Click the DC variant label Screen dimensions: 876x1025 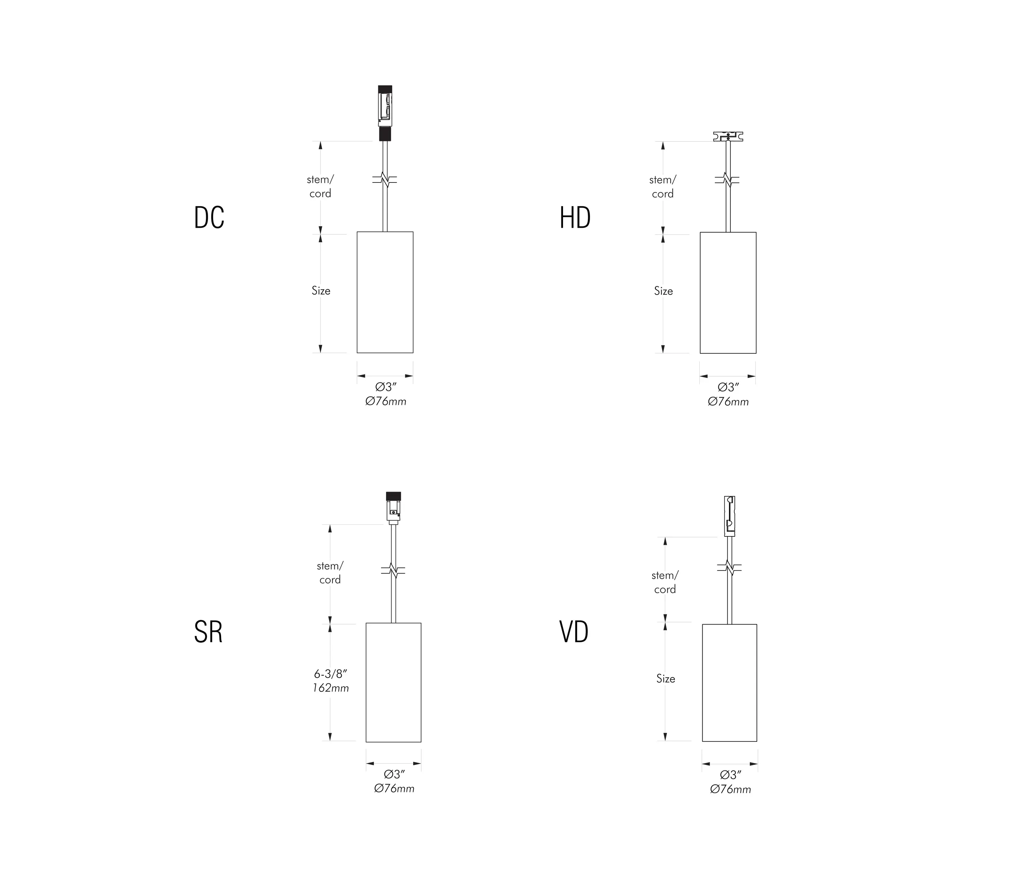tap(209, 218)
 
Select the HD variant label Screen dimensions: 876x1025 tap(575, 218)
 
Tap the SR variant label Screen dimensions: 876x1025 tap(208, 632)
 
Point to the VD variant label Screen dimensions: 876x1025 tap(574, 632)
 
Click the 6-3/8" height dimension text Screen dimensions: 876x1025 tap(330, 674)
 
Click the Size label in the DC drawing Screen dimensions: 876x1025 tap(320, 291)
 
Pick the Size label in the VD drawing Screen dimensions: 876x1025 tap(665, 679)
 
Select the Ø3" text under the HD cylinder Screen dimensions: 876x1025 tap(728, 387)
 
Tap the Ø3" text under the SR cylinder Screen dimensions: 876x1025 tap(394, 774)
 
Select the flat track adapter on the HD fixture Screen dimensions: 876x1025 tap(728, 136)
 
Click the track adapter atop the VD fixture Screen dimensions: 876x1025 tap(729, 516)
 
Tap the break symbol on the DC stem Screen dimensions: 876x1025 tap(385, 180)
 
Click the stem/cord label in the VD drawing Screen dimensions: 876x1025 tap(665, 582)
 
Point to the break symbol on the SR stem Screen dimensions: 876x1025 tap(393, 570)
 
